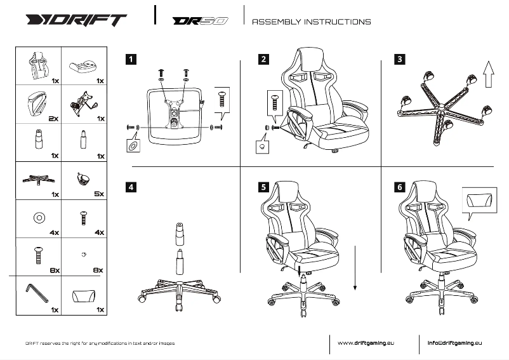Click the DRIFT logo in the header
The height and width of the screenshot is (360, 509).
point(76,20)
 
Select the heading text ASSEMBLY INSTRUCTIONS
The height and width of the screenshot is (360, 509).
point(312,22)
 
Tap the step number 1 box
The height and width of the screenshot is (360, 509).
point(131,60)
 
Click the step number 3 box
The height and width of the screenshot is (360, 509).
point(399,60)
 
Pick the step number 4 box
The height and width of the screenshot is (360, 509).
point(131,187)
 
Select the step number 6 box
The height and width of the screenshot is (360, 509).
point(399,187)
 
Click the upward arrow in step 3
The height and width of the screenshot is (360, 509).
point(488,75)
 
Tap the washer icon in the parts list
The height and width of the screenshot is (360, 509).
point(38,217)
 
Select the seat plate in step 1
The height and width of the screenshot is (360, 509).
point(173,114)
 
